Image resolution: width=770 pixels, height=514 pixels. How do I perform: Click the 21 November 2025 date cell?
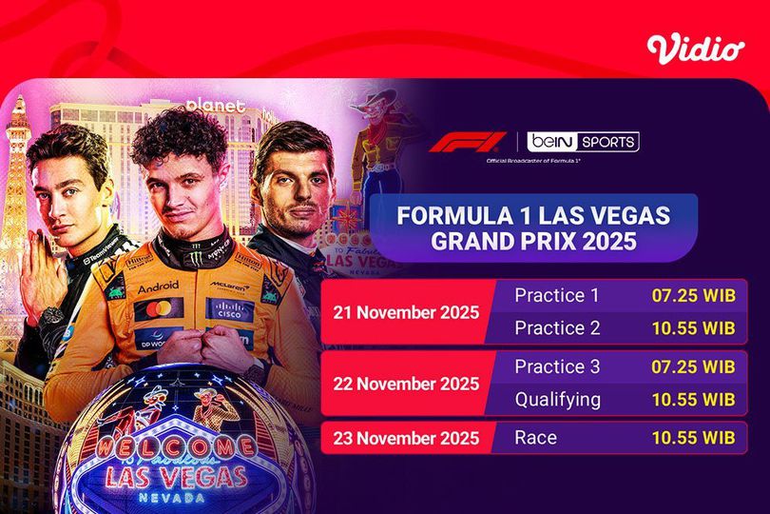click(406, 312)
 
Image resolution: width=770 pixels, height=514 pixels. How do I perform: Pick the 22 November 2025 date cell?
click(406, 384)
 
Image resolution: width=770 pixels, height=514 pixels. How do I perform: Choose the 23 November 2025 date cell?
click(406, 439)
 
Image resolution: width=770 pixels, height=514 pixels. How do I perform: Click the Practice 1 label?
click(557, 295)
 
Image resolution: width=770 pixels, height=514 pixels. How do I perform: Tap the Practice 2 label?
click(557, 327)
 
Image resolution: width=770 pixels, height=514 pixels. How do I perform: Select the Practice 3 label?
click(557, 366)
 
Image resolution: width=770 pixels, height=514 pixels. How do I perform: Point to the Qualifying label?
click(557, 400)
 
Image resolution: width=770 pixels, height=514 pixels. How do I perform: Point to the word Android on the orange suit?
click(158, 287)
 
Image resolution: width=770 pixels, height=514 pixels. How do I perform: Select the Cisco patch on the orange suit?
click(229, 308)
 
